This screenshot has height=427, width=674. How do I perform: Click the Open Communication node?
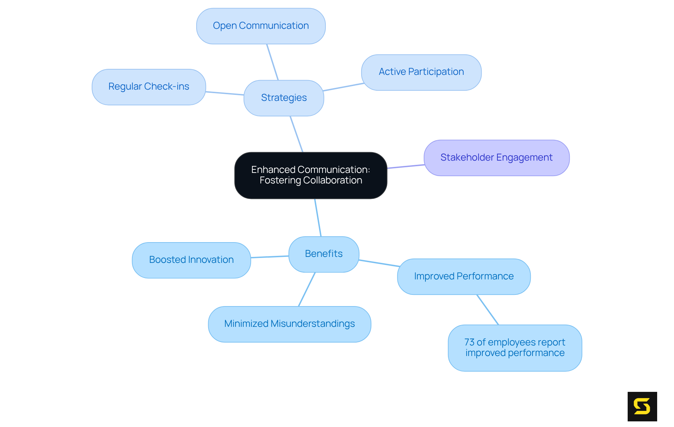[260, 26]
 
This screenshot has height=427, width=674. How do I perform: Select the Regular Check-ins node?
[148, 87]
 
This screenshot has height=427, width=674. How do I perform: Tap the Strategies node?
[284, 98]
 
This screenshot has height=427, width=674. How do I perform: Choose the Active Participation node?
[421, 72]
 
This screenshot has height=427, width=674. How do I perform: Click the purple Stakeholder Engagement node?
[496, 158]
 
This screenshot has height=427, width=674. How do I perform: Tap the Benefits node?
[324, 254]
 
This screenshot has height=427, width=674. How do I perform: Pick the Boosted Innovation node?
[191, 260]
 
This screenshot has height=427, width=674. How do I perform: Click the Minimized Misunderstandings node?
[289, 324]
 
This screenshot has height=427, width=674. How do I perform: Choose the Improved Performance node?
[463, 277]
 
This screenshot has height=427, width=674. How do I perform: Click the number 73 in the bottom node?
[469, 342]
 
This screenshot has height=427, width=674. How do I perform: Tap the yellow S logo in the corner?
[642, 406]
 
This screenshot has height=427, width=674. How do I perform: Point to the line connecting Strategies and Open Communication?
[272, 62]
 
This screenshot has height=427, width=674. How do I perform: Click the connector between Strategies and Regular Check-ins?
[225, 93]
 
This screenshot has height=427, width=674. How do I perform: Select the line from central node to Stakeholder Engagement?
[406, 167]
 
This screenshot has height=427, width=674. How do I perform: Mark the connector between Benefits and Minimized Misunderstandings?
[307, 289]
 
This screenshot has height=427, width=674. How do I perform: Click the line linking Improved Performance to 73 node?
[488, 310]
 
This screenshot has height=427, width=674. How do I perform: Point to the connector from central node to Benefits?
[318, 218]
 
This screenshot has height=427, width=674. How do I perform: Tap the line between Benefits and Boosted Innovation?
[270, 257]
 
